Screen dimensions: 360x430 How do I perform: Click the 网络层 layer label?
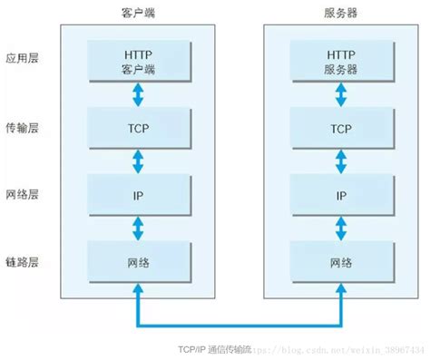20,195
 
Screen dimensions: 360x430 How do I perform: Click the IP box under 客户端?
138,195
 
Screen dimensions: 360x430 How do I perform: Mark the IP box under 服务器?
340,195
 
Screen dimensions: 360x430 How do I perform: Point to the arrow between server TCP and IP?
340,161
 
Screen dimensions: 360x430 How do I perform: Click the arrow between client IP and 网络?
138,229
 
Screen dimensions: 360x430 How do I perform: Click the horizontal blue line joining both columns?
239,323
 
